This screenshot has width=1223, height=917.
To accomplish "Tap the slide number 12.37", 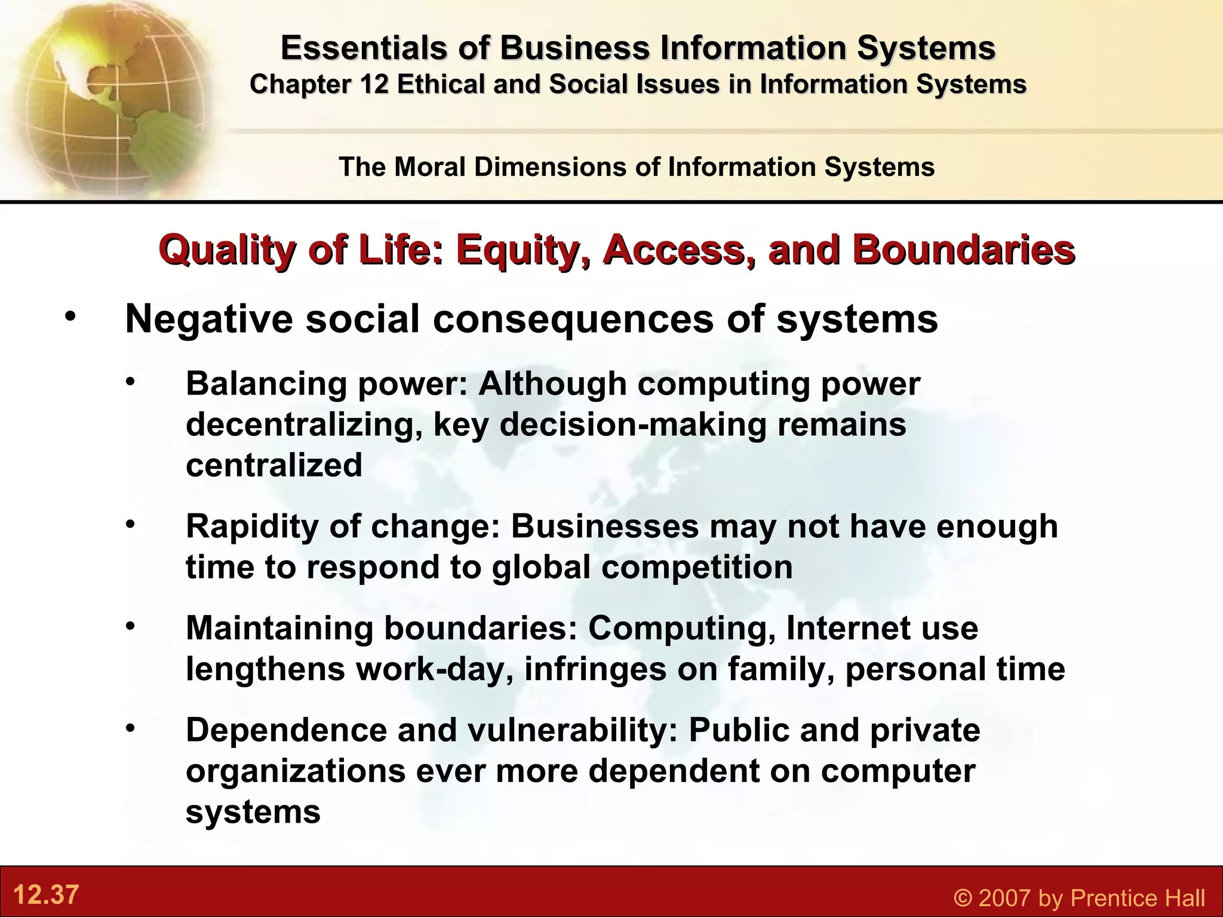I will point(46,894).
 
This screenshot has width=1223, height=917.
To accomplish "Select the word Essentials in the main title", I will point(364,48).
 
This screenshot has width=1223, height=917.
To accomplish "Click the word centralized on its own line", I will point(274,465).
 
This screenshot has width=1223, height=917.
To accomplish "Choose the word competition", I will point(697,567).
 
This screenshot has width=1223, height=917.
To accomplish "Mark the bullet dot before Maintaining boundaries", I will point(131,627).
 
